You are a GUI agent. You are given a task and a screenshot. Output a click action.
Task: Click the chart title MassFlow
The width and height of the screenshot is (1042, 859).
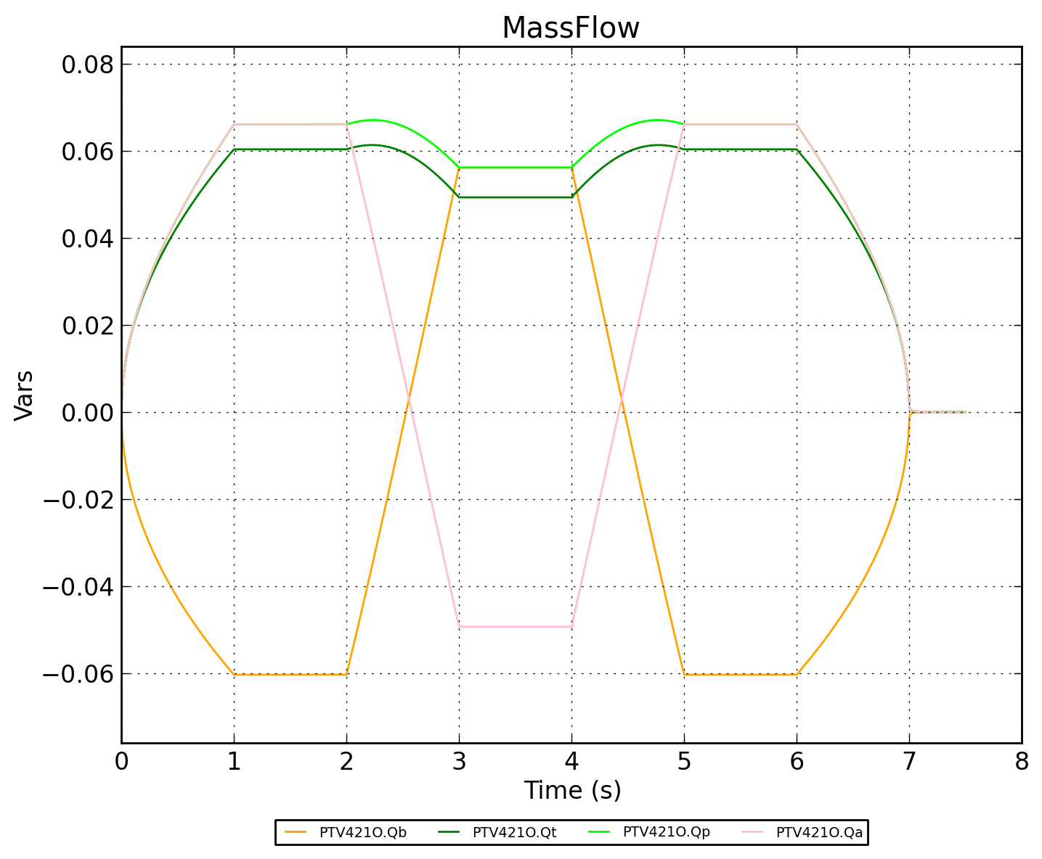click(x=571, y=28)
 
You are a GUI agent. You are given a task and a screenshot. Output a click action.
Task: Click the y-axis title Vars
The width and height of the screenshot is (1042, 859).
click(x=24, y=395)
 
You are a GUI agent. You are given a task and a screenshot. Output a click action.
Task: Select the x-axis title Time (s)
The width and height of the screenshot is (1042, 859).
click(x=572, y=790)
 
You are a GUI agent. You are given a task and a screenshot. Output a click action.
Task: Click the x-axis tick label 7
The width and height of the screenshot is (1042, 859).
click(x=909, y=762)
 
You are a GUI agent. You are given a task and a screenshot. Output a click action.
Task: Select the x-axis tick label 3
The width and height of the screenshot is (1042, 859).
click(x=459, y=762)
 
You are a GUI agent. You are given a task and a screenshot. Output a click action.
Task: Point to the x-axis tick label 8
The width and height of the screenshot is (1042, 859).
click(x=1022, y=762)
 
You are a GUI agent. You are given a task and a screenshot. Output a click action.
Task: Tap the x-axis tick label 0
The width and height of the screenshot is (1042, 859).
click(x=121, y=762)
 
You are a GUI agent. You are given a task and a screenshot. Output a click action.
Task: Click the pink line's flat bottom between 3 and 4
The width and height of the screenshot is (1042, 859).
click(x=516, y=626)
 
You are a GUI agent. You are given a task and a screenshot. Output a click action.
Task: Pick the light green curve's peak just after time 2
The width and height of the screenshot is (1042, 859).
click(x=372, y=120)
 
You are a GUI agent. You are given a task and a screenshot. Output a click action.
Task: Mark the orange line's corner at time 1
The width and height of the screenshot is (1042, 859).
click(x=234, y=674)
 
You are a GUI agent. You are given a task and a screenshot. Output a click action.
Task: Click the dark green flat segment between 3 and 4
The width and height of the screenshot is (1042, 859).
click(x=516, y=197)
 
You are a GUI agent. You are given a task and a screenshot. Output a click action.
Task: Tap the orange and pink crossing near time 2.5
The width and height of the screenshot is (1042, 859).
click(x=409, y=398)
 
